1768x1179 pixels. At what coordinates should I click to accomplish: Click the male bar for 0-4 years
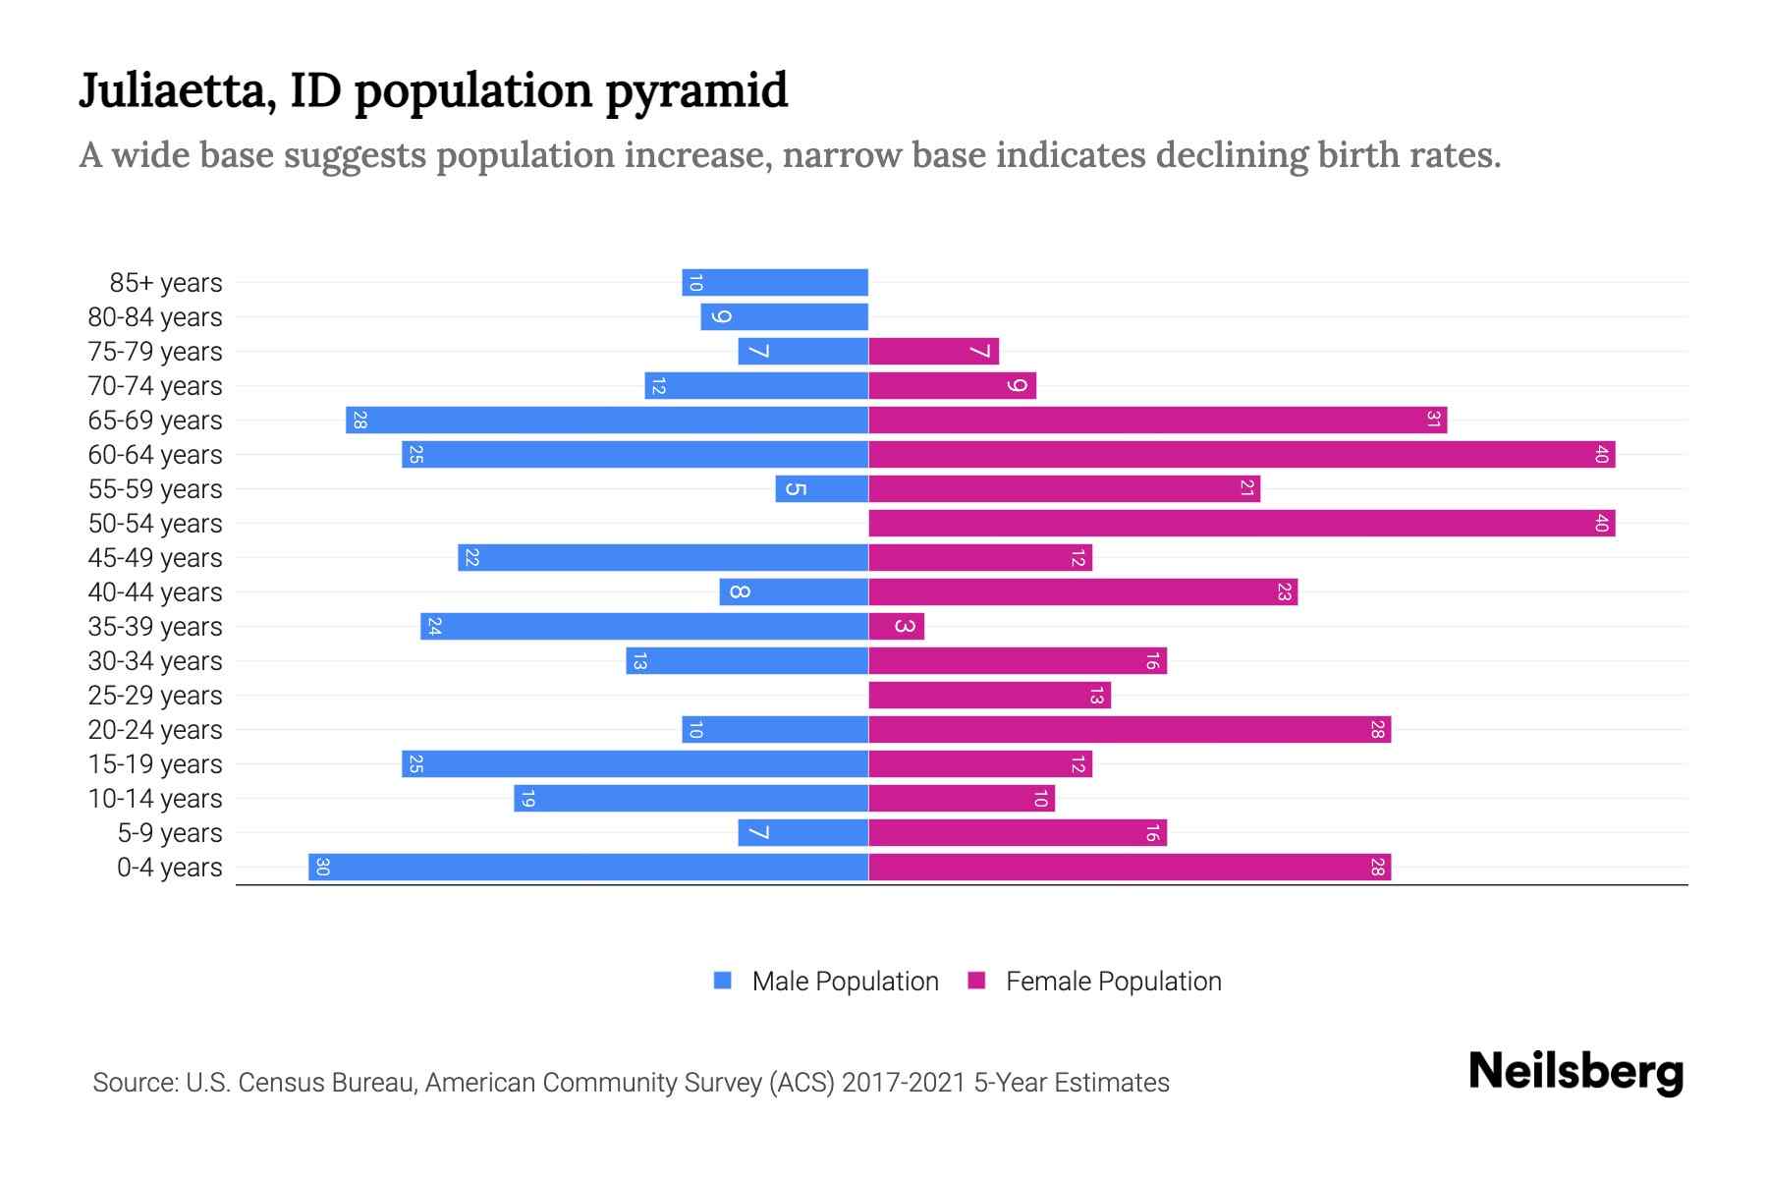click(588, 867)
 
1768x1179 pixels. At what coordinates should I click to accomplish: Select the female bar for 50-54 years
click(1242, 523)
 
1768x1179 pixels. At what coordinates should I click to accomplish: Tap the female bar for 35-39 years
click(896, 626)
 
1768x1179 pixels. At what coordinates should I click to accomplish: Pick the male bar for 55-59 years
click(822, 488)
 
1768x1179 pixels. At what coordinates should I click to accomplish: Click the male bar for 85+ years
click(775, 282)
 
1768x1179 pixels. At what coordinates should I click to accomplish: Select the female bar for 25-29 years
click(989, 695)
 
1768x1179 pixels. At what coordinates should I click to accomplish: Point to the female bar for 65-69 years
click(1157, 420)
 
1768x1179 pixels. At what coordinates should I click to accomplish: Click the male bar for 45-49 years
click(663, 557)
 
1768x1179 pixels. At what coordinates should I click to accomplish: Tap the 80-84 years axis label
click(155, 317)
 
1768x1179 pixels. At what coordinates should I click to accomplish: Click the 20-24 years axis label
click(155, 730)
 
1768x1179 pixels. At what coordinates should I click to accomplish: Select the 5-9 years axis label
click(170, 833)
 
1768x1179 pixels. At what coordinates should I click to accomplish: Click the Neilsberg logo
click(1575, 1071)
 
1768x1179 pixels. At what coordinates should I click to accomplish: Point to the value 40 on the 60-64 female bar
click(1601, 454)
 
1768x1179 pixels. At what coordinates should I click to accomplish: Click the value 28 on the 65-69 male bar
click(360, 420)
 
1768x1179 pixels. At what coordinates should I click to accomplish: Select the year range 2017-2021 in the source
click(904, 1083)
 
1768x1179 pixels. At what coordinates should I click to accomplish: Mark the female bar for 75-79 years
click(933, 351)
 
